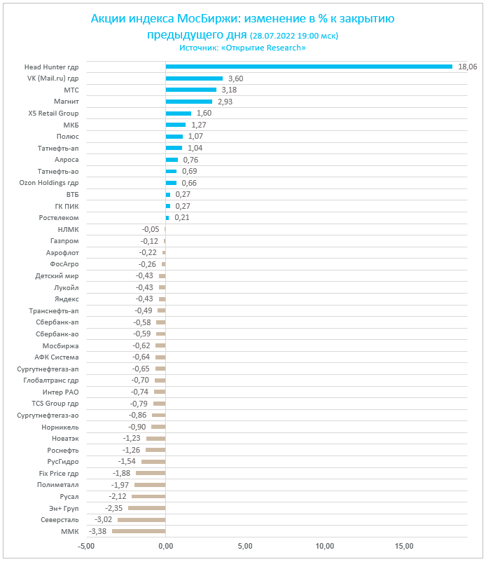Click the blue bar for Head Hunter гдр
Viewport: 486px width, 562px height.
coord(309,67)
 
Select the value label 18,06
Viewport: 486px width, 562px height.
coord(467,67)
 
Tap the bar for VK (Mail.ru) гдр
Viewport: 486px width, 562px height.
coord(194,78)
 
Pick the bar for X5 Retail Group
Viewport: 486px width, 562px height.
coord(178,113)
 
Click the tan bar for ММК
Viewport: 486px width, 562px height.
coord(139,531)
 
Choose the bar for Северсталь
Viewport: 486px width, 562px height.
coord(141,520)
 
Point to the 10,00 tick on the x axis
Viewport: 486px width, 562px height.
coord(324,546)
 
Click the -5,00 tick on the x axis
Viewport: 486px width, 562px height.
coord(86,546)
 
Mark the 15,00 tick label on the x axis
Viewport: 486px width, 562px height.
coord(404,546)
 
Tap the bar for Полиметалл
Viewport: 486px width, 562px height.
coord(150,485)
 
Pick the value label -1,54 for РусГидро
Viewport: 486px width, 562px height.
coord(127,462)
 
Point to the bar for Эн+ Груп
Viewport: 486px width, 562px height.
coord(146,508)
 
